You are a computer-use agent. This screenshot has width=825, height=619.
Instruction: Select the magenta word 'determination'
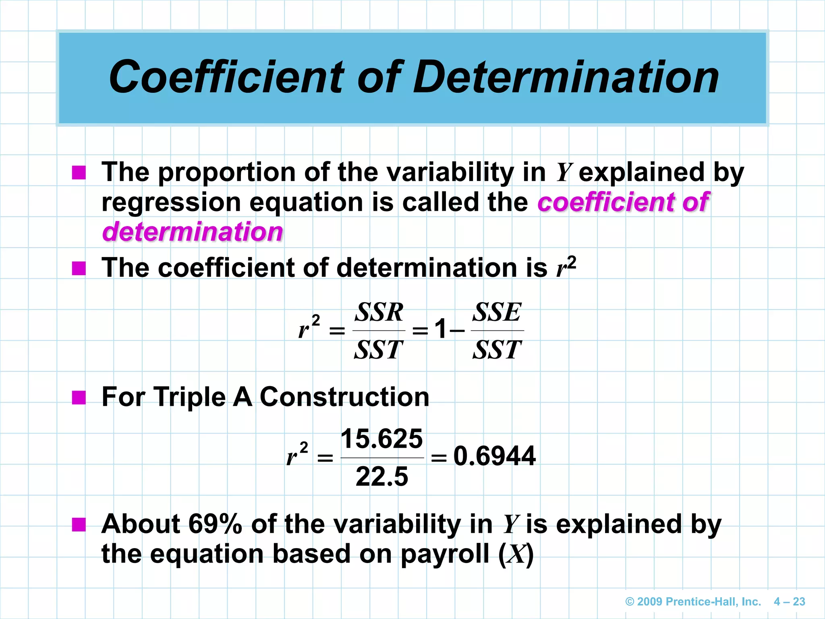(193, 232)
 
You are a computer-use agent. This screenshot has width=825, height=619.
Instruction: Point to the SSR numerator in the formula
(379, 312)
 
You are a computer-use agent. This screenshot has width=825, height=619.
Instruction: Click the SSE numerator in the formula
(497, 312)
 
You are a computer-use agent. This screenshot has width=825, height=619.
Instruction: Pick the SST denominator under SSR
(379, 350)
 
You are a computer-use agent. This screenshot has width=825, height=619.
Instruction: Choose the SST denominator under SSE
(497, 350)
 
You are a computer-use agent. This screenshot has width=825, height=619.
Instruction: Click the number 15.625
(381, 438)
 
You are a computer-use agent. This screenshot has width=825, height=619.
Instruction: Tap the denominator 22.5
(381, 476)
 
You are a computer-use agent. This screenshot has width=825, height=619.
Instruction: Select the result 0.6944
(494, 456)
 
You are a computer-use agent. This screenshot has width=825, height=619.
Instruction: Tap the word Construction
(344, 397)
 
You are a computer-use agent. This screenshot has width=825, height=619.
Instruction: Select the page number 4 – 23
(789, 602)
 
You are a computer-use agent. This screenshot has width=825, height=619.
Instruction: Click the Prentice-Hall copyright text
(693, 602)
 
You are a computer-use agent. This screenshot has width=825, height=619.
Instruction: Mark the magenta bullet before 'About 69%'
(79, 525)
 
